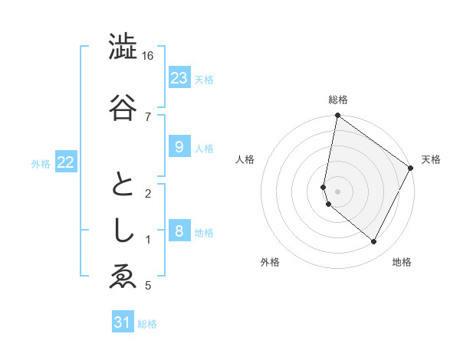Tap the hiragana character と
[123, 184]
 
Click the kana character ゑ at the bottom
[123, 277]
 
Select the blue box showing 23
[179, 78]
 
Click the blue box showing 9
[179, 147]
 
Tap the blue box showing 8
[179, 231]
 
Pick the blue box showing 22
[65, 162]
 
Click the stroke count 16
[148, 56]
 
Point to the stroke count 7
[148, 116]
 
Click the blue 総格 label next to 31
[147, 324]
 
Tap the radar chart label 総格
[338, 100]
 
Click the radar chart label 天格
[431, 159]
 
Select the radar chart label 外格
[270, 262]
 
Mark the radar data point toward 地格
[374, 242]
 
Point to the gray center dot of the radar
[338, 191]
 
